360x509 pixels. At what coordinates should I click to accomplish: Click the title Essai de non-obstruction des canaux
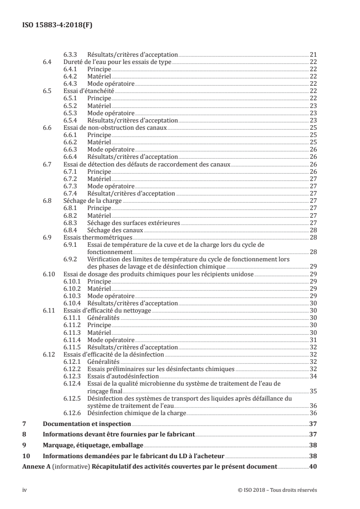coord(115,128)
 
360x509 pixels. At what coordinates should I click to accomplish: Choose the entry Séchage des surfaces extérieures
coord(133,223)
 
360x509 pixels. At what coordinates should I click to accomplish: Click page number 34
coord(313,376)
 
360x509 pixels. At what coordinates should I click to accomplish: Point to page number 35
coord(313,391)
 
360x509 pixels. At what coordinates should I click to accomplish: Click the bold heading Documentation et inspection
coord(87,424)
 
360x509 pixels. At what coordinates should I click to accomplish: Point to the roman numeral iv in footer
coord(25,490)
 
